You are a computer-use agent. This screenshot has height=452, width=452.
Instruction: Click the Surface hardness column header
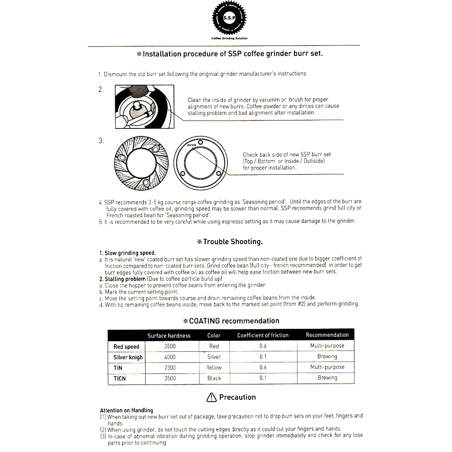pos(169,335)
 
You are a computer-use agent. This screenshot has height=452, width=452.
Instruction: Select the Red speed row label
pos(126,347)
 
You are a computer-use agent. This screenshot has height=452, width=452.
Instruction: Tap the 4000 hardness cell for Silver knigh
pos(169,357)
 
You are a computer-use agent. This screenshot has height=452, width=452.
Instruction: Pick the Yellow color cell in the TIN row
pos(214,367)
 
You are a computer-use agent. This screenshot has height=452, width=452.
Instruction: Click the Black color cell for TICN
pos(214,378)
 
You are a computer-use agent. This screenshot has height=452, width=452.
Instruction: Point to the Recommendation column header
pos(327,335)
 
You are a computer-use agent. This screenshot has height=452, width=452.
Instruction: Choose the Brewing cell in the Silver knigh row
pos(327,357)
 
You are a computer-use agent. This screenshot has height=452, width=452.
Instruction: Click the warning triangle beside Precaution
pos(211,397)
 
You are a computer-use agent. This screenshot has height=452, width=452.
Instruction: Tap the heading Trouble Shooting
pos(230,241)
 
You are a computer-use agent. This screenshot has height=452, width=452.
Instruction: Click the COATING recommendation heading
pos(231,321)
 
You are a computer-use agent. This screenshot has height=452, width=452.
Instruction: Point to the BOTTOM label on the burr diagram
pos(191,144)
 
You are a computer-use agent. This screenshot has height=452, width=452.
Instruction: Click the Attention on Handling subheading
pos(127,410)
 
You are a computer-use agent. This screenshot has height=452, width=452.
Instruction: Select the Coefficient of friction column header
pos(263,335)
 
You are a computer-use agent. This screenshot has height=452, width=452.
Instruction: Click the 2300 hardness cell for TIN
pos(169,368)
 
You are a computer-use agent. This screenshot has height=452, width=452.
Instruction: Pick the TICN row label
pos(120,378)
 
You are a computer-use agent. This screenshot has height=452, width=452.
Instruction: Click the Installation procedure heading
pos(230,54)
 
